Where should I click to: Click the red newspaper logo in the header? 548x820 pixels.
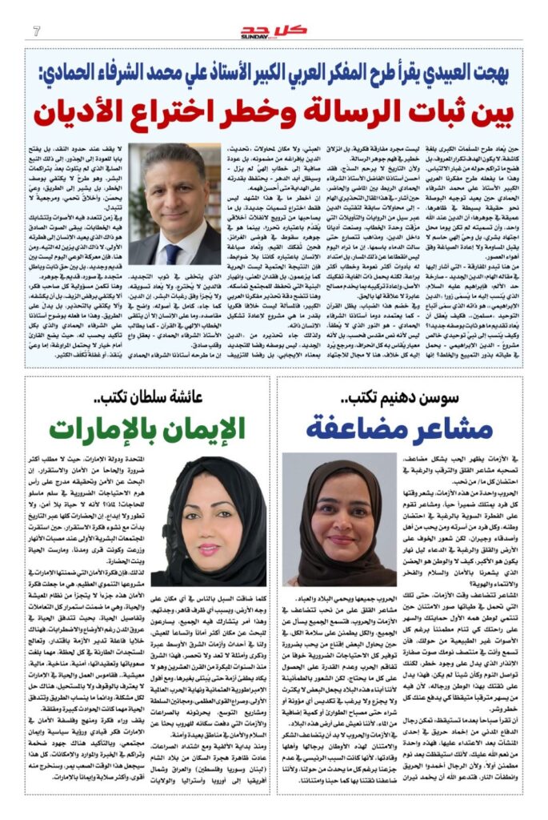(x=274, y=30)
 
